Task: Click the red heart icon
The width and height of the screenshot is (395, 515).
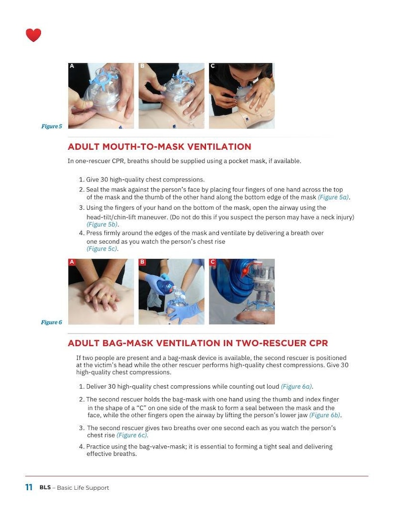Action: (x=33, y=35)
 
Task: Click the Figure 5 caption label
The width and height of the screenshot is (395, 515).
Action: (x=51, y=126)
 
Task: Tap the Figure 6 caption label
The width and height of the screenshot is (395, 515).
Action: (x=51, y=322)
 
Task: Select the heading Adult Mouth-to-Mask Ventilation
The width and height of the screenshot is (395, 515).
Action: (x=159, y=147)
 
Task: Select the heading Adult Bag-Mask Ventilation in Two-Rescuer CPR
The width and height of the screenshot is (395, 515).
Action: (x=197, y=343)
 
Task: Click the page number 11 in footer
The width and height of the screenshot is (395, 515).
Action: (x=29, y=488)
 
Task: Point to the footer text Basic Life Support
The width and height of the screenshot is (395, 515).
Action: (x=83, y=488)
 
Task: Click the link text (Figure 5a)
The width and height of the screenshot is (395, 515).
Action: (x=333, y=197)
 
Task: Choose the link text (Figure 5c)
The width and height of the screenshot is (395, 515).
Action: (x=102, y=249)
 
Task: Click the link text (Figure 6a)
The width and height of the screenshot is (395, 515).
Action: (x=296, y=386)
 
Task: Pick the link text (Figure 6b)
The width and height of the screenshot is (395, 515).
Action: (x=325, y=415)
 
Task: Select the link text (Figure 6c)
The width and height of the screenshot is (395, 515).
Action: (x=132, y=435)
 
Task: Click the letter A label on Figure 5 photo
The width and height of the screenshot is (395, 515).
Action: (x=72, y=66)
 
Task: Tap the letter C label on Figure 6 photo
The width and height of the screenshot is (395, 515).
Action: (x=212, y=262)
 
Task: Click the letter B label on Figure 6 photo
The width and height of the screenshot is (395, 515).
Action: (x=142, y=262)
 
